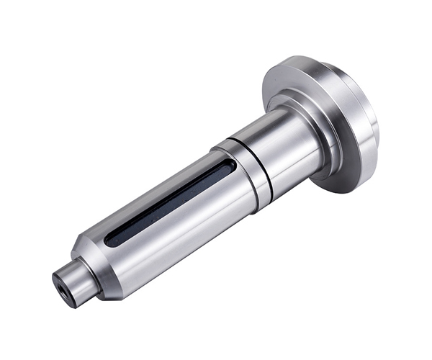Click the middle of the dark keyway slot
[168, 204]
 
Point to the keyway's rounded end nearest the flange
[228, 167]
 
